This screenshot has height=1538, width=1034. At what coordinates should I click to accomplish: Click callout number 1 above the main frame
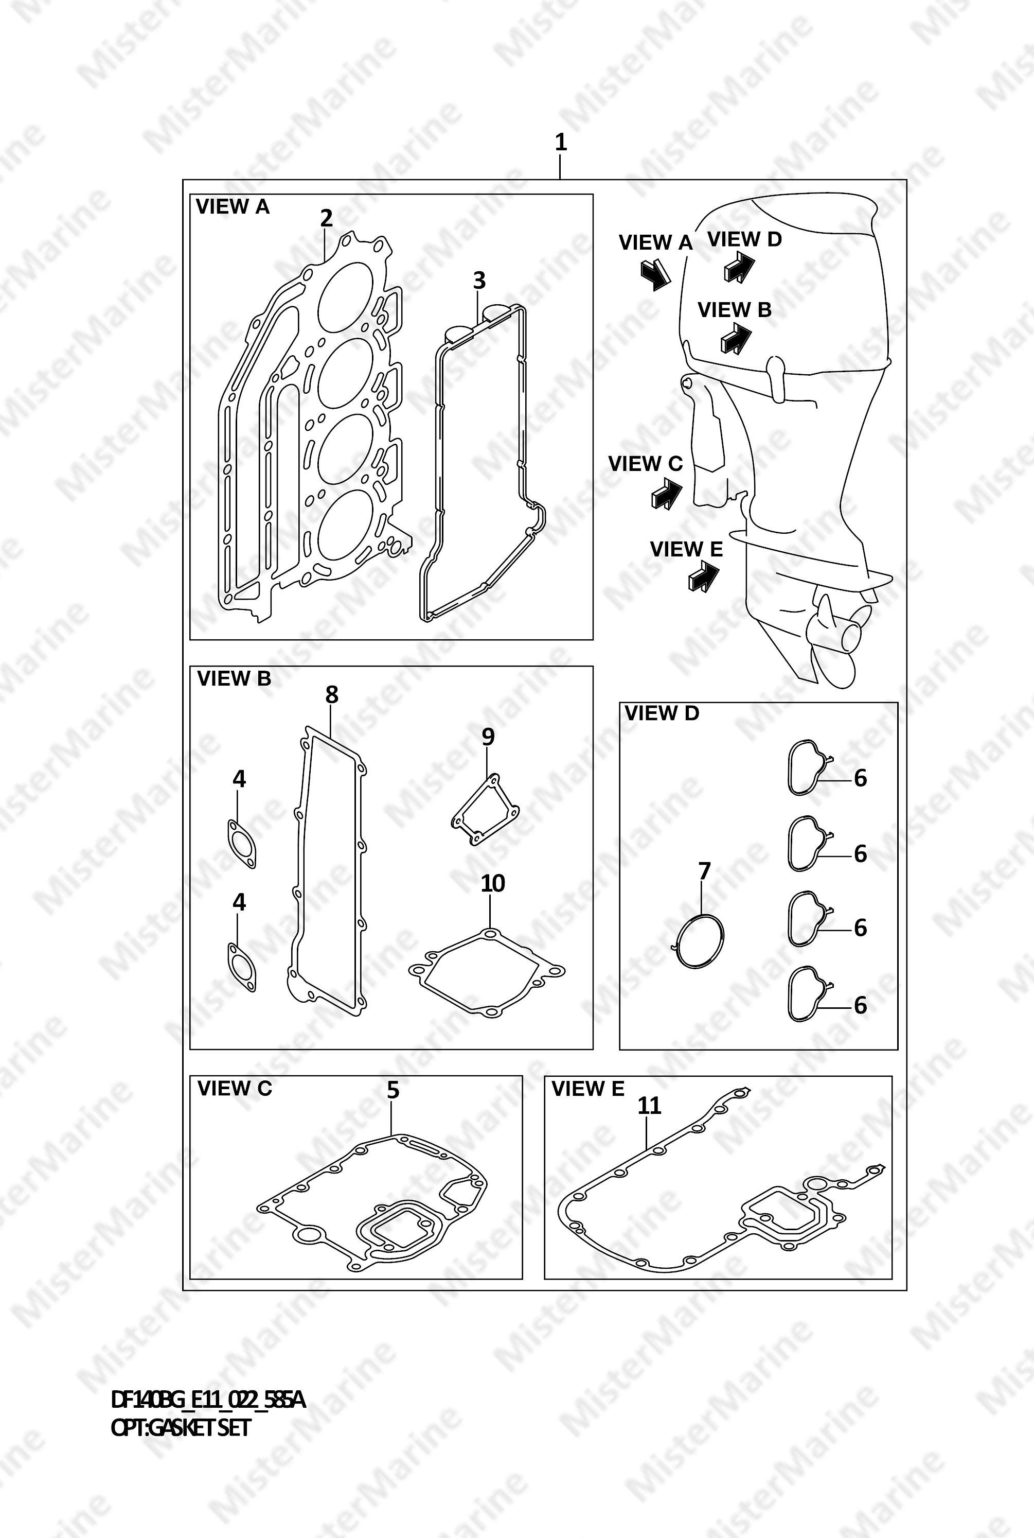tap(561, 142)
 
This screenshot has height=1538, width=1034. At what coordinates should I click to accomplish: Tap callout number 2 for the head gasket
tap(327, 218)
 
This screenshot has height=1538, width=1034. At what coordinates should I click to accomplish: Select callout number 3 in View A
tap(479, 281)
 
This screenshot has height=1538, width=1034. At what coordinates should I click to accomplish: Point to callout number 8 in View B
tap(332, 694)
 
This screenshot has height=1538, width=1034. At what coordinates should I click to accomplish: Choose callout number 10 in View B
tap(493, 883)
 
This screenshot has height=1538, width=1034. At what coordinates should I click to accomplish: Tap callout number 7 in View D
tap(704, 871)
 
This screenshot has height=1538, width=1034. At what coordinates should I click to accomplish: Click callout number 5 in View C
tap(393, 1090)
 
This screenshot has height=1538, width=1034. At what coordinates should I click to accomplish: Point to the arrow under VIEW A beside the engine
tap(655, 274)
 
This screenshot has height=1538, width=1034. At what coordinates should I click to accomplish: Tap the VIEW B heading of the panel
tap(234, 678)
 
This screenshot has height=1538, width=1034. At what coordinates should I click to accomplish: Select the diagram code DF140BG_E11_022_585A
tap(208, 1400)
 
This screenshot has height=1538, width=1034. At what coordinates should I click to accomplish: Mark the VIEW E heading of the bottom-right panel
tap(587, 1089)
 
